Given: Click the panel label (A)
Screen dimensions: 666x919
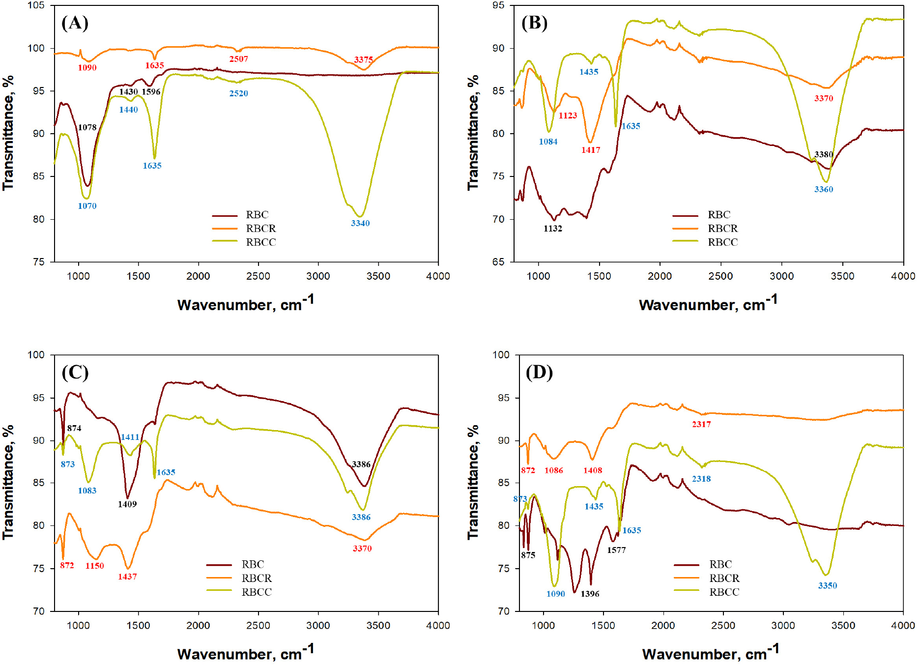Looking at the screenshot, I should pyautogui.click(x=75, y=23).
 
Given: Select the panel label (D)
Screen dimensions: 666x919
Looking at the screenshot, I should pyautogui.click(x=539, y=373).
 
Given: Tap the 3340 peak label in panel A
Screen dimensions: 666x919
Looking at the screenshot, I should pyautogui.click(x=360, y=223).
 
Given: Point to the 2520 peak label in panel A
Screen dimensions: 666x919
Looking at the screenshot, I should pyautogui.click(x=238, y=93).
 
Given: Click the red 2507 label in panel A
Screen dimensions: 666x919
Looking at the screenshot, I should pyautogui.click(x=238, y=59).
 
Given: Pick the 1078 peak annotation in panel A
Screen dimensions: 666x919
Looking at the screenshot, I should pyautogui.click(x=87, y=127).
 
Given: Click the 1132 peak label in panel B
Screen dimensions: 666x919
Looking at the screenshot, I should pyautogui.click(x=553, y=229).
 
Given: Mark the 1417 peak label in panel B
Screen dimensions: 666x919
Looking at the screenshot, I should pyautogui.click(x=591, y=150).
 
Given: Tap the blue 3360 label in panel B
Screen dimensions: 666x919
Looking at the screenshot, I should pyautogui.click(x=824, y=189).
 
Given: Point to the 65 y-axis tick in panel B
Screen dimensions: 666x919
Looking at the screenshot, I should pyautogui.click(x=498, y=262).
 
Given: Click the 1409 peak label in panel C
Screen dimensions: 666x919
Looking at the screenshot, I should pyautogui.click(x=127, y=504).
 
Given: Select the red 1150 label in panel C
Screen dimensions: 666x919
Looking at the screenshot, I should pyautogui.click(x=94, y=566).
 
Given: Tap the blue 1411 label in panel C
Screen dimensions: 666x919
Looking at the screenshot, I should pyautogui.click(x=130, y=437).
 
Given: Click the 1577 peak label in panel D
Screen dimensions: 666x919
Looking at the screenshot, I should pyautogui.click(x=616, y=550).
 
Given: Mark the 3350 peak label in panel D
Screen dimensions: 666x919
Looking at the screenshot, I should pyautogui.click(x=828, y=585).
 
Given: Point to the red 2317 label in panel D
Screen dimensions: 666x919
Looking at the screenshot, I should pyautogui.click(x=701, y=424).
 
